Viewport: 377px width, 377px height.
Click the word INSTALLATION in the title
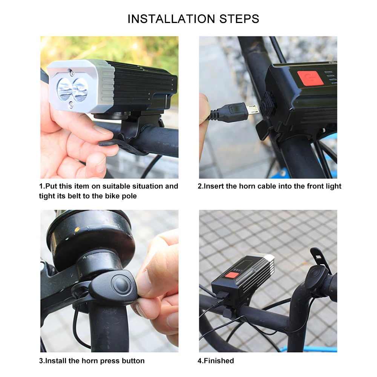point(171,19)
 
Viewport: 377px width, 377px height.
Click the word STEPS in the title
point(239,19)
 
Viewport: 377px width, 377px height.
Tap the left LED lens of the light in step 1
point(64,89)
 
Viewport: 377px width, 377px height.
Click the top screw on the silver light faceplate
point(70,71)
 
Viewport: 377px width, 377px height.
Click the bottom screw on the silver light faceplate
point(71,105)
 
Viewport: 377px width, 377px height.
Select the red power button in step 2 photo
point(310,78)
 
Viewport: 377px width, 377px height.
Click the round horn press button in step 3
point(120,284)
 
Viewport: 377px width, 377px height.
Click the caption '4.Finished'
point(216,361)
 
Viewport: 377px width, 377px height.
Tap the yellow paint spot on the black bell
point(77,229)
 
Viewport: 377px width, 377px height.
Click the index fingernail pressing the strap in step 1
point(103,130)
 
